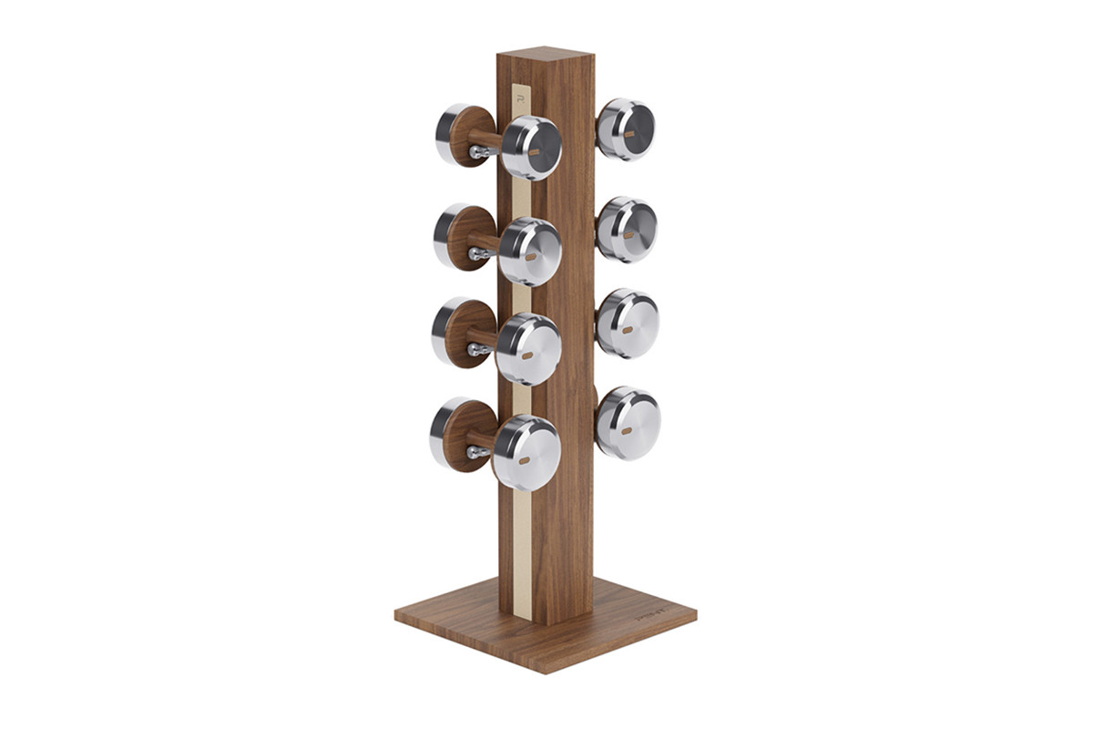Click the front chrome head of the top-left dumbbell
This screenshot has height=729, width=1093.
click(x=532, y=148)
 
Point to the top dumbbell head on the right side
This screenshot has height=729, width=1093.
click(x=626, y=129)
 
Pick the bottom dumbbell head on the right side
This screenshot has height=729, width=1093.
click(x=628, y=422)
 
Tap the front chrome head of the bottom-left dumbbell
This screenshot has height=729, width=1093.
click(x=526, y=452)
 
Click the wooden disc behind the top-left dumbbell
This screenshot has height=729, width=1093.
click(x=470, y=137)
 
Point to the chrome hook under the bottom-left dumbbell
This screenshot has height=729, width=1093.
click(x=475, y=452)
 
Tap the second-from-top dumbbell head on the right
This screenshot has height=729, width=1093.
click(x=627, y=229)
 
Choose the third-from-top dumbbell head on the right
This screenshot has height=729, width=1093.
click(x=627, y=323)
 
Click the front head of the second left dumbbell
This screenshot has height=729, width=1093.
click(x=530, y=252)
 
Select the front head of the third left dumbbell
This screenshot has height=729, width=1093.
click(x=528, y=348)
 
